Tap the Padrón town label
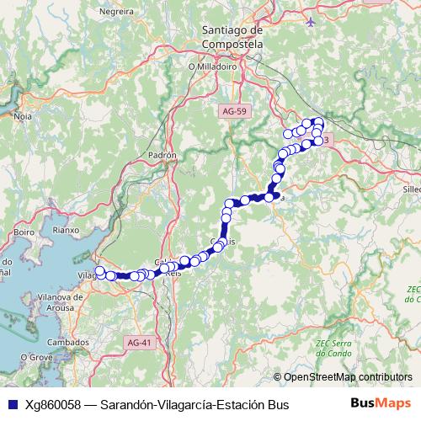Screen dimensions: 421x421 tap(162, 156)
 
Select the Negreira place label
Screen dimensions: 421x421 tap(116, 13)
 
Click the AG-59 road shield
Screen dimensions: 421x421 tap(237, 110)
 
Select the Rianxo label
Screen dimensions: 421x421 tap(65, 228)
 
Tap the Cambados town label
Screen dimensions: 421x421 tap(67, 343)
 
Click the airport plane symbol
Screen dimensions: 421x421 tap(312, 20)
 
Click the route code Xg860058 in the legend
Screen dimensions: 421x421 tap(53, 405)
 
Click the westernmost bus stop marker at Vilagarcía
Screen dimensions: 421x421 tap(99, 271)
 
